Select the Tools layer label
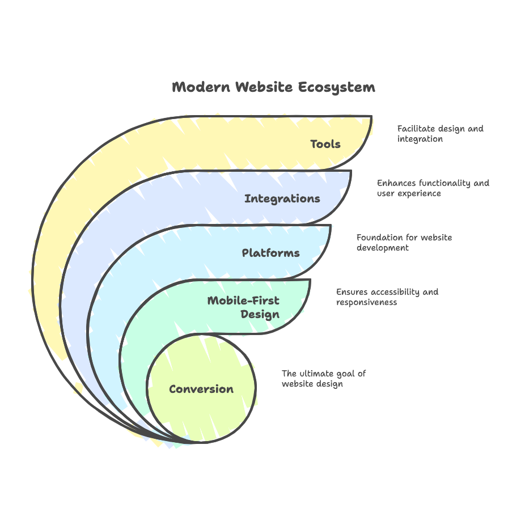click(x=325, y=144)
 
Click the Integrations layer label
click(x=282, y=198)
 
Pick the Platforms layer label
click(x=270, y=253)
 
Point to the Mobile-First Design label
click(x=244, y=307)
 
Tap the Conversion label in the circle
click(x=201, y=389)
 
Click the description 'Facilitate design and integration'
click(x=440, y=134)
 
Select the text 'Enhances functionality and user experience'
click(x=433, y=188)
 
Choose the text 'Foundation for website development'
click(x=404, y=243)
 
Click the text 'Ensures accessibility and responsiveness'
click(x=387, y=297)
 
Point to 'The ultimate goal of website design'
click(x=323, y=379)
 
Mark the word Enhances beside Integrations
click(x=396, y=183)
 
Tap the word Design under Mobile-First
click(x=260, y=314)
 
